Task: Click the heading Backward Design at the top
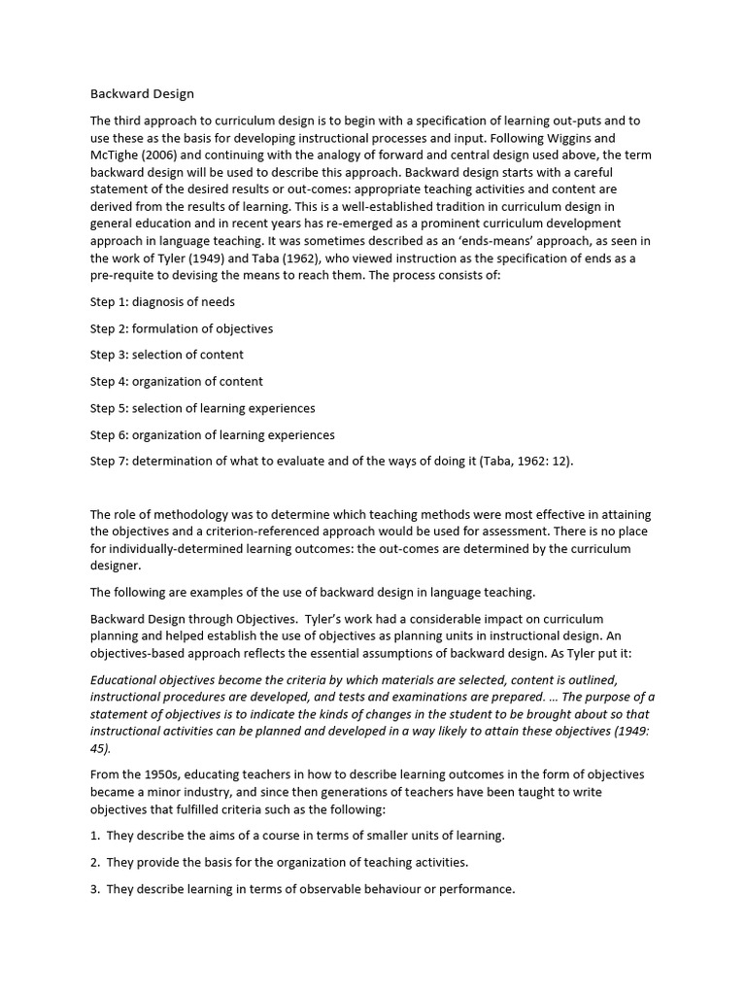[142, 94]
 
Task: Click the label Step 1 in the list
[109, 302]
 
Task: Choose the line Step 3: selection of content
[167, 355]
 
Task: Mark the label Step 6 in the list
[109, 434]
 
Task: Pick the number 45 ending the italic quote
[100, 749]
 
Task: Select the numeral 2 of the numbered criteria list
[95, 862]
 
